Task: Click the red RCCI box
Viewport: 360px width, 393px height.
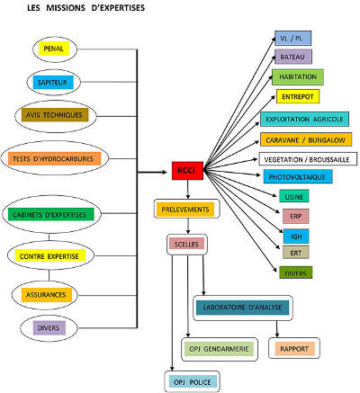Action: coord(187,171)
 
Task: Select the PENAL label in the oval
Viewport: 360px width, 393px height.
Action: coord(54,49)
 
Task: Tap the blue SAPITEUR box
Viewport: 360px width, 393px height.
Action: coord(53,83)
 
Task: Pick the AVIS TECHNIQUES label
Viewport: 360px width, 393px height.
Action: coord(55,115)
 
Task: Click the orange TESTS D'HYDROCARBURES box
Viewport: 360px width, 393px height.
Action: coord(54,158)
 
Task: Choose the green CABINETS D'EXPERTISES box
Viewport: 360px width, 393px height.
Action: coord(50,214)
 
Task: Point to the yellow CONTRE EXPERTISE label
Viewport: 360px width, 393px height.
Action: coord(50,255)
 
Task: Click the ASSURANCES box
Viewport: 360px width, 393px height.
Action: coord(47,295)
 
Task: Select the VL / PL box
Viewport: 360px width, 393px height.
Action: coord(292,38)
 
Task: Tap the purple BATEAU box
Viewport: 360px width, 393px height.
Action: coord(293,57)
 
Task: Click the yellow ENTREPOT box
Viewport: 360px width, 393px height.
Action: coord(298,96)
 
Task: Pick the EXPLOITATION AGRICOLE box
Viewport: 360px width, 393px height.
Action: coord(304,119)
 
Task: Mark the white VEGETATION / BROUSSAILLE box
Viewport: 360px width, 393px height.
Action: coord(308,159)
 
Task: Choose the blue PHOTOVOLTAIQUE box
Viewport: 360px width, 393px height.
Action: coord(298,176)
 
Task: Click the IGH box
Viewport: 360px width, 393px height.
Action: coord(296,237)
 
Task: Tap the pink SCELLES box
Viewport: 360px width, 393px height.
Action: coord(186,244)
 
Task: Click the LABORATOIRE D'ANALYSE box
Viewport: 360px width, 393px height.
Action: coord(242,308)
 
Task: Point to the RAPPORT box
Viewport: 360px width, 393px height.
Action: coord(294,349)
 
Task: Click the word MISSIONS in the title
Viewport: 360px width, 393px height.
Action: coord(66,8)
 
